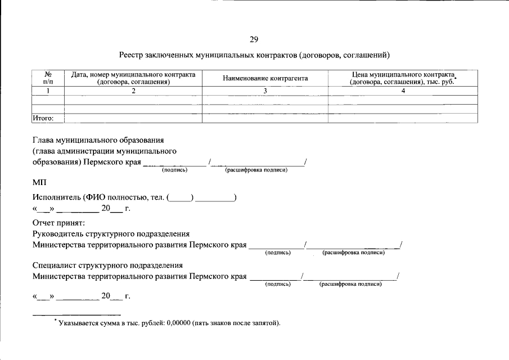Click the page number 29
click(x=254, y=39)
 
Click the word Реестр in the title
click(x=132, y=56)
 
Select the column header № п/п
click(x=48, y=78)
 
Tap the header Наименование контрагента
click(x=265, y=78)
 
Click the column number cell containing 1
click(x=48, y=91)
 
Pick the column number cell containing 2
click(x=133, y=91)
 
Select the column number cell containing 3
click(x=265, y=91)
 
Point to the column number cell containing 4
click(x=403, y=91)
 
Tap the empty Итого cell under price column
click(x=403, y=118)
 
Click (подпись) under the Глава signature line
click(x=174, y=170)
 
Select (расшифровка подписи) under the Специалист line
click(x=350, y=285)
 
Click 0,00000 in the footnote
click(x=178, y=323)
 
